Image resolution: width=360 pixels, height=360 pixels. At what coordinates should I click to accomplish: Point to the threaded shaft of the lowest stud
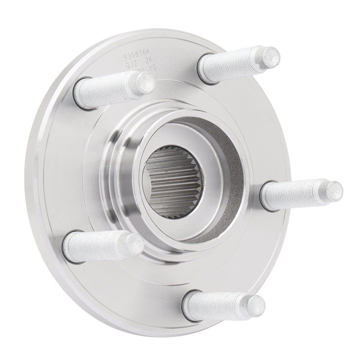[x=216, y=306]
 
